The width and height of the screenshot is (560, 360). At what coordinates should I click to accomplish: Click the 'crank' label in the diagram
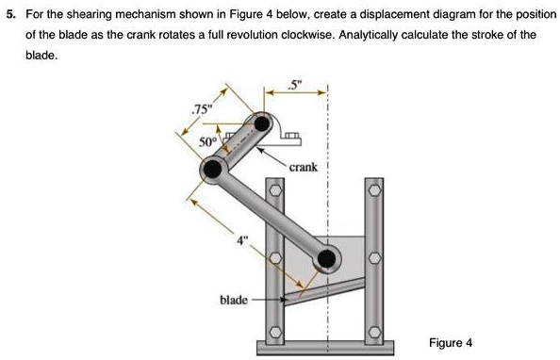(304, 167)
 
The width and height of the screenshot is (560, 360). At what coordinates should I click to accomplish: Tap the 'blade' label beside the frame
(233, 300)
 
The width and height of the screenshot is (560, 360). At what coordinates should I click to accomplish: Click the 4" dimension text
(242, 240)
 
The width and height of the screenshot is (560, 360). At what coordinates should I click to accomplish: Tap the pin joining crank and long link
(213, 170)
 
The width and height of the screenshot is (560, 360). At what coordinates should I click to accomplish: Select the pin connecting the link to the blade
(327, 258)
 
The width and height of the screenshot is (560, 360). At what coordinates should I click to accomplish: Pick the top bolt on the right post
(374, 191)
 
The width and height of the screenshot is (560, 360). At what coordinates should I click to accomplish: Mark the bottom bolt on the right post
(374, 332)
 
